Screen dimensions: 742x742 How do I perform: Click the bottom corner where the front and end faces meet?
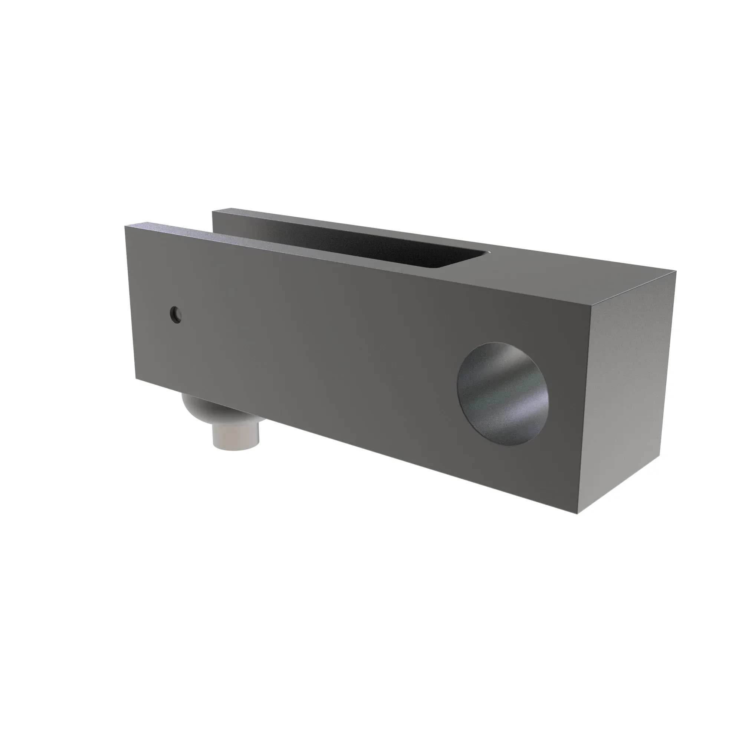[577, 513]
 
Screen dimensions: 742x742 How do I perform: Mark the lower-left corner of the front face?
[135, 378]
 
